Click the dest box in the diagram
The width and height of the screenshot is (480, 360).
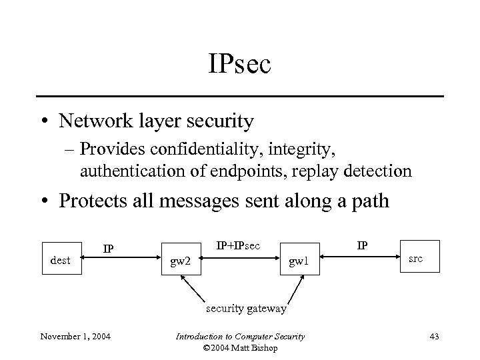point(61,260)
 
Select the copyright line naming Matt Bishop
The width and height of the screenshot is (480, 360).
point(240,347)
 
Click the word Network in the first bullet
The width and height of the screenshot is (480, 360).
point(97,121)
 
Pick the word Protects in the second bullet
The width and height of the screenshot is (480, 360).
point(92,201)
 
